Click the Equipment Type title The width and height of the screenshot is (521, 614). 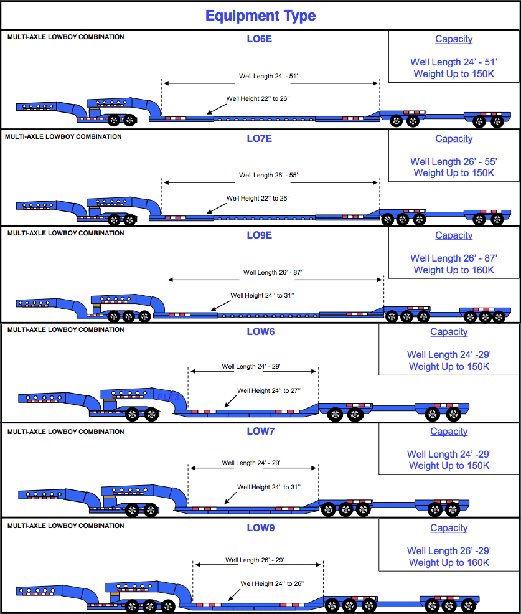[x=260, y=16]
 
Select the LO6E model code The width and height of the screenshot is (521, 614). [x=259, y=39]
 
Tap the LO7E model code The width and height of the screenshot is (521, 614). [x=259, y=139]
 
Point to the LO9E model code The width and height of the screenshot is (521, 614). [x=259, y=235]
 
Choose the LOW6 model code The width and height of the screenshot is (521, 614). [x=261, y=332]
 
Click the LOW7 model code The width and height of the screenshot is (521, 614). [x=261, y=431]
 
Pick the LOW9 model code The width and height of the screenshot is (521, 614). [x=261, y=528]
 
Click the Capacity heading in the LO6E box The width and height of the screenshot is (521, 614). [x=454, y=39]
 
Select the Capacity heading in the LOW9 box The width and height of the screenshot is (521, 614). [x=449, y=528]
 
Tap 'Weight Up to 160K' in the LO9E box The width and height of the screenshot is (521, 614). [x=454, y=270]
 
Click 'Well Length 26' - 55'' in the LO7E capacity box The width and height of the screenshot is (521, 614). [x=454, y=161]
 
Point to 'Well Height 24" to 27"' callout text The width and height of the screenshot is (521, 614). [x=269, y=390]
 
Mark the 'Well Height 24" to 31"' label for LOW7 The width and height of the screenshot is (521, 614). [x=269, y=487]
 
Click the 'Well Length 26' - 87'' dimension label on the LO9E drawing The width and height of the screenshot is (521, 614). [x=273, y=272]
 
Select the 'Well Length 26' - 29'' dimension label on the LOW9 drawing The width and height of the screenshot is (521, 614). [x=255, y=560]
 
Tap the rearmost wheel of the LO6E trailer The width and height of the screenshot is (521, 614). [x=497, y=121]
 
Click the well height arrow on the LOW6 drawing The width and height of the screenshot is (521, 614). [x=230, y=402]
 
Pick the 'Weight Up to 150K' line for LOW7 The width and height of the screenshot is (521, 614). [x=449, y=466]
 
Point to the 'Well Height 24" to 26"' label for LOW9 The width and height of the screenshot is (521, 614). [x=272, y=583]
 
